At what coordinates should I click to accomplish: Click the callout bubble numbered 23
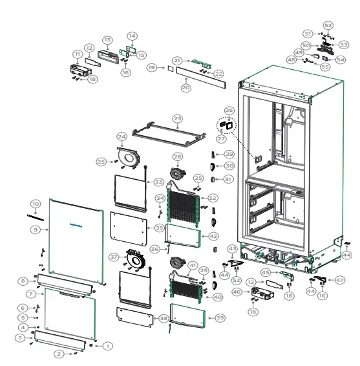tap(177, 119)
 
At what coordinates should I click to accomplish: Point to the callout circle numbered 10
tap(36, 204)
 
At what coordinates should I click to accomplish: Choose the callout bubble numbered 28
tap(178, 157)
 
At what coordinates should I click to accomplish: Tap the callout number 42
tap(213, 237)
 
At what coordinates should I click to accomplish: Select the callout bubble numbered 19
tap(151, 67)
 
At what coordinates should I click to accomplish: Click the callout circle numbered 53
tap(343, 45)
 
